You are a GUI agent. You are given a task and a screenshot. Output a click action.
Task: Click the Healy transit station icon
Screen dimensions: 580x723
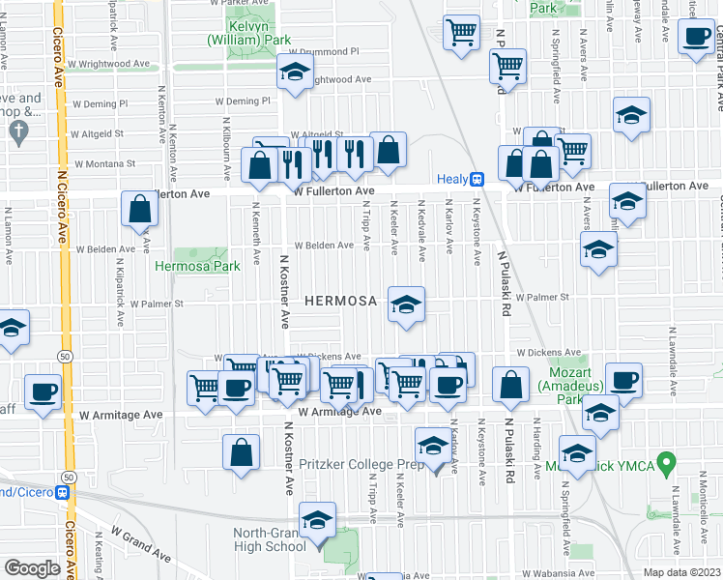point(477,179)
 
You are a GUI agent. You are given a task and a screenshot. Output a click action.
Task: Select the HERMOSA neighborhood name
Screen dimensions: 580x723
point(340,302)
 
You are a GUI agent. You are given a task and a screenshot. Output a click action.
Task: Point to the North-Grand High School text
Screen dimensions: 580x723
point(270,539)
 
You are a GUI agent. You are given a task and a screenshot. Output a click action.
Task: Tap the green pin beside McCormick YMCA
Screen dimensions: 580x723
point(665,464)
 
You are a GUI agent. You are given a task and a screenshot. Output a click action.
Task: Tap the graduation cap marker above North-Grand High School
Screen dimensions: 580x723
point(316,520)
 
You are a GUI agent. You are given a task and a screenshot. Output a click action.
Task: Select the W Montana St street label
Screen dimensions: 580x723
point(123,164)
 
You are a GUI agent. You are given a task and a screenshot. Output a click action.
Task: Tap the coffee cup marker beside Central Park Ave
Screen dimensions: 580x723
point(695,39)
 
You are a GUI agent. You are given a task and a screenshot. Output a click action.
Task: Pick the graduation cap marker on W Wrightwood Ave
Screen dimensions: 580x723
point(295,72)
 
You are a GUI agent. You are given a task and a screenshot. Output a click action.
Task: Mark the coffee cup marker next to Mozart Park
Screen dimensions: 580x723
point(623,380)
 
